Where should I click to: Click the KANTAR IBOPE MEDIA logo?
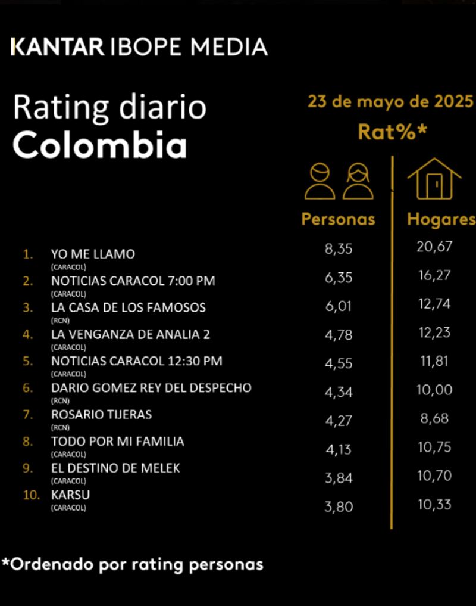coord(139,46)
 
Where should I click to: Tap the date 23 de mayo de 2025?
coord(390,101)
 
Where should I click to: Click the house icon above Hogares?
coord(434,178)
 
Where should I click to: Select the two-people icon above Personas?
coord(339,181)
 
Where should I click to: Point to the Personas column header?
coord(338,219)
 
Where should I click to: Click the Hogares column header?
coord(441,219)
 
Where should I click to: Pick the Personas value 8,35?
coord(339,248)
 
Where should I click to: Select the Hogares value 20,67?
coord(434,247)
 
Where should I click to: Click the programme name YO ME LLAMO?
coord(93,254)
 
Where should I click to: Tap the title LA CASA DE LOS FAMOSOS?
coord(129,307)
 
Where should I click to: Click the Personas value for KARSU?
coord(339,507)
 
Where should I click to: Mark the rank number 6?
coord(27,388)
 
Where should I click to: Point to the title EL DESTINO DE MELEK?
coord(115,468)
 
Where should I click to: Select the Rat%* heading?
coord(392,132)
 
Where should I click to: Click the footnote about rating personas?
coord(132,564)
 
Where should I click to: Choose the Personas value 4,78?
coord(339,334)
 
